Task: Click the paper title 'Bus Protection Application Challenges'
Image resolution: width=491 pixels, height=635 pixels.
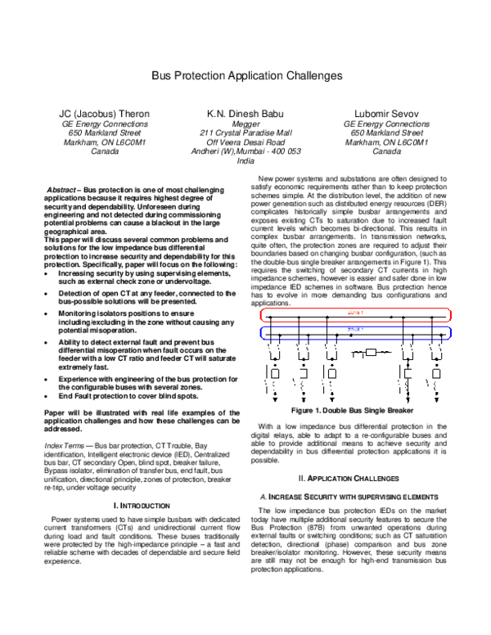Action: click(x=245, y=75)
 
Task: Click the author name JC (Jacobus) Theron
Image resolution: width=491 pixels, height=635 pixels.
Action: click(x=102, y=111)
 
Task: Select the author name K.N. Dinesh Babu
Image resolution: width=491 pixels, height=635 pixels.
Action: click(x=245, y=111)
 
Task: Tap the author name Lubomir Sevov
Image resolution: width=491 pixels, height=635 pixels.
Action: click(x=385, y=111)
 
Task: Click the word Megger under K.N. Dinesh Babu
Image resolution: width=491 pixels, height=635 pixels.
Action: click(x=245, y=123)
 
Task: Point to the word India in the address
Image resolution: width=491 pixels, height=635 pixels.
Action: click(x=245, y=161)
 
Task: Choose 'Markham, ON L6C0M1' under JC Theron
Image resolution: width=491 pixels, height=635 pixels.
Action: click(x=102, y=142)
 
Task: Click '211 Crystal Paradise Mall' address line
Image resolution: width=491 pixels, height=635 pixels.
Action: click(x=245, y=133)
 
